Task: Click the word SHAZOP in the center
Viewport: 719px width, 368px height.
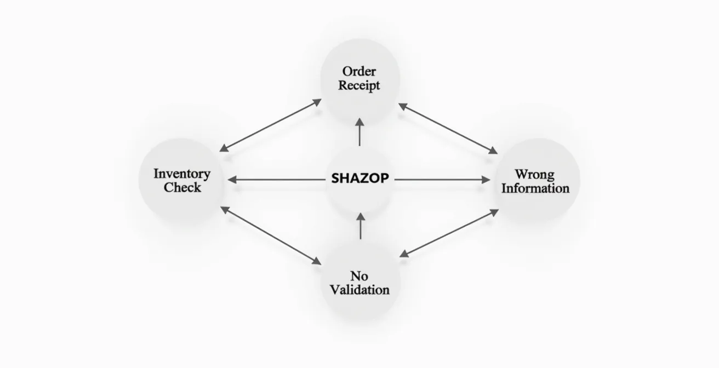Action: click(x=360, y=178)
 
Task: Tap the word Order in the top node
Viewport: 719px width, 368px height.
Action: click(x=359, y=71)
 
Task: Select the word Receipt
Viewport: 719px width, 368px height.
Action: click(x=359, y=85)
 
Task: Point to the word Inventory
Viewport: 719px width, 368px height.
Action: click(x=182, y=174)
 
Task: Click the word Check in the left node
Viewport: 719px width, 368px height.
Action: click(x=182, y=187)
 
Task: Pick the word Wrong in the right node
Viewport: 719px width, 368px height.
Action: click(x=535, y=175)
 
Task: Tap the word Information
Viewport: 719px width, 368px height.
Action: click(x=535, y=188)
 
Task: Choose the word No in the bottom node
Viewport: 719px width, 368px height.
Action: click(x=359, y=276)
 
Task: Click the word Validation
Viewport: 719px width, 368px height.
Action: click(x=359, y=290)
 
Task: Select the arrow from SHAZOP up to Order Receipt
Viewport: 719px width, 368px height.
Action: click(x=360, y=132)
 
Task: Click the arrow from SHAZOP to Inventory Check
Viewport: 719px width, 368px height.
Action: click(x=276, y=180)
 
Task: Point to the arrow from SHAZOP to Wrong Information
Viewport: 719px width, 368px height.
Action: click(x=442, y=180)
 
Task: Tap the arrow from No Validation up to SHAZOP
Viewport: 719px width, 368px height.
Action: click(x=361, y=226)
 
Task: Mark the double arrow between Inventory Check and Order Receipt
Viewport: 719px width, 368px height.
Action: click(x=271, y=125)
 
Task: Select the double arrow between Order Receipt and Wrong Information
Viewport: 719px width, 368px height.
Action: click(x=448, y=128)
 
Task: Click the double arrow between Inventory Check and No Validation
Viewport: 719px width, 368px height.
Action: click(x=271, y=235)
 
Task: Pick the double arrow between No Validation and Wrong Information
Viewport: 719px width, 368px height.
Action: click(x=449, y=233)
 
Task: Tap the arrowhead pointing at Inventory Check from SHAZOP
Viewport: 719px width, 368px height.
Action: click(x=232, y=180)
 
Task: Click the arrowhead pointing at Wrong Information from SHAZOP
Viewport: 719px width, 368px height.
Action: click(x=486, y=180)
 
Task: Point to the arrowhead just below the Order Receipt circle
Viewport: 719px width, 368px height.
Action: click(x=360, y=122)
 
